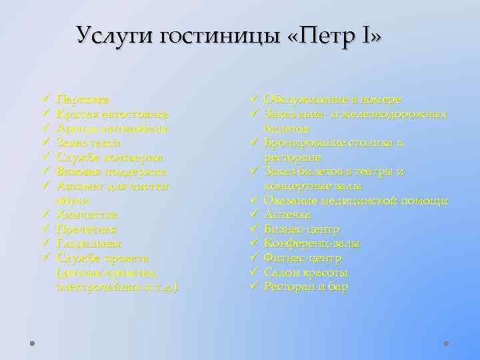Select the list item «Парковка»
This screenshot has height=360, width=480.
(84, 99)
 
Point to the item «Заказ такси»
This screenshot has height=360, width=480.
(89, 143)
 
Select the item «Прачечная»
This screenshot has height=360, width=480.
(87, 229)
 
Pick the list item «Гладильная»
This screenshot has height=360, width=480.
(89, 243)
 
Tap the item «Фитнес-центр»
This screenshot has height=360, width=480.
(303, 258)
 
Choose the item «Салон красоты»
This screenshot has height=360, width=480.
(306, 273)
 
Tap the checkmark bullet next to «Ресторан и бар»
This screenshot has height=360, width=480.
(255, 287)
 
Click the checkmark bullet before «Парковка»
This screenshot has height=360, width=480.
(44, 100)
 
